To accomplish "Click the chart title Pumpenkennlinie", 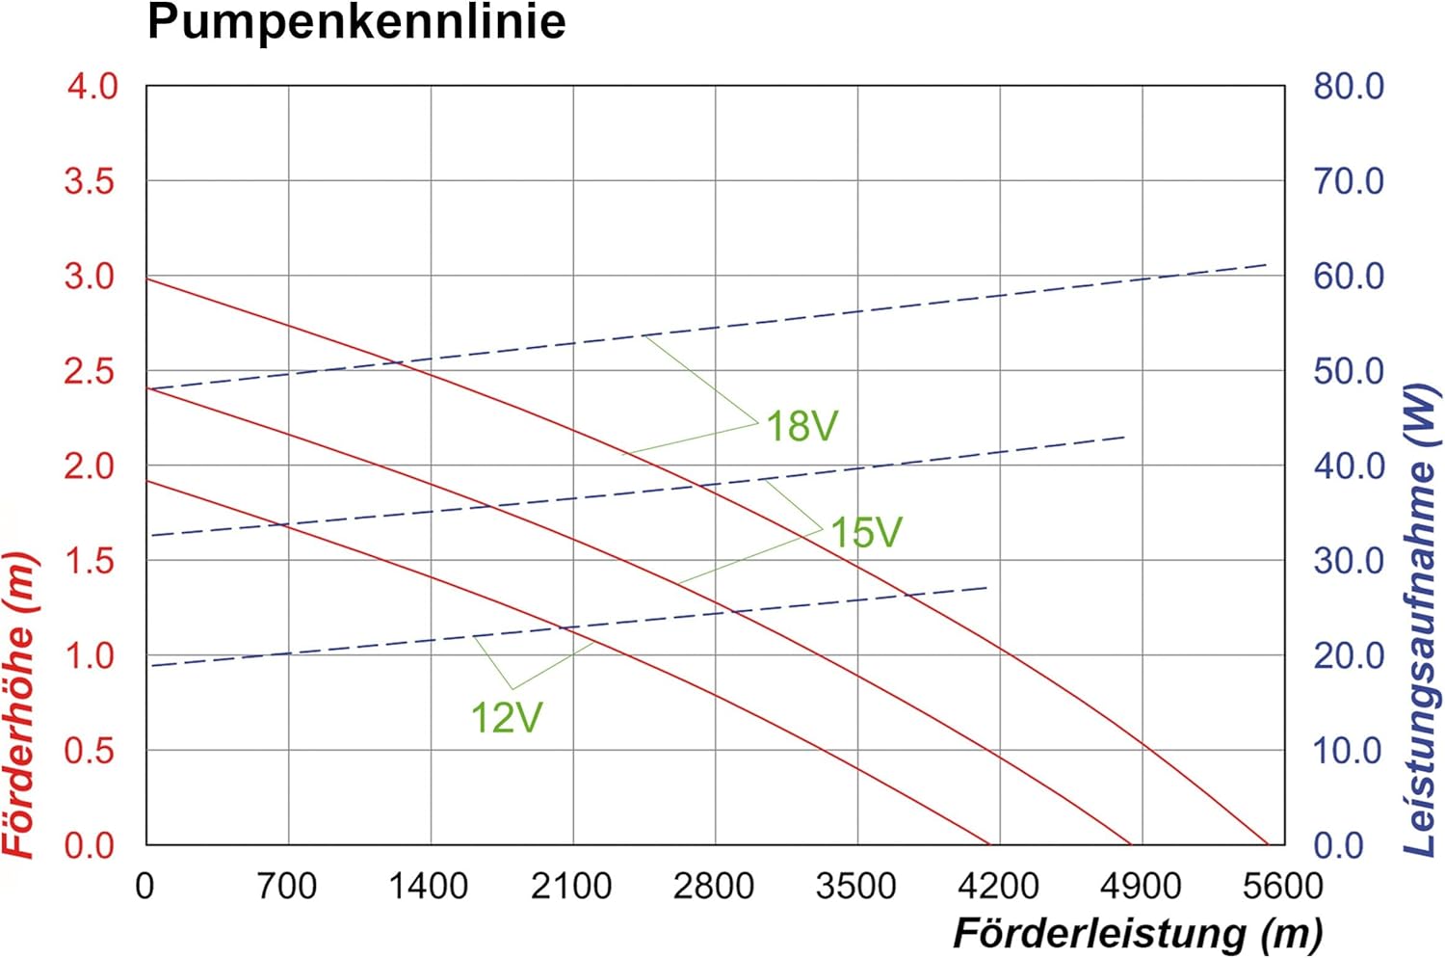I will pyautogui.click(x=356, y=22).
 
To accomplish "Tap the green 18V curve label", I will pyautogui.click(x=801, y=426).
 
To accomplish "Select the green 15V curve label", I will pyautogui.click(x=866, y=533).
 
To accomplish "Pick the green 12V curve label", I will pyautogui.click(x=506, y=718).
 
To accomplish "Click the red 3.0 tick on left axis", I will pyautogui.click(x=91, y=277).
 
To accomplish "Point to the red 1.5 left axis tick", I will pyautogui.click(x=91, y=561).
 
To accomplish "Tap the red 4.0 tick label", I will pyautogui.click(x=92, y=87).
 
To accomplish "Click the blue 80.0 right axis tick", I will pyautogui.click(x=1348, y=87).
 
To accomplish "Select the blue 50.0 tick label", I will pyautogui.click(x=1348, y=371).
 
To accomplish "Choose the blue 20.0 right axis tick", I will pyautogui.click(x=1348, y=656).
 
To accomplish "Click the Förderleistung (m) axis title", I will pyautogui.click(x=1138, y=933).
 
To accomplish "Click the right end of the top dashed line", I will pyautogui.click(x=1267, y=264).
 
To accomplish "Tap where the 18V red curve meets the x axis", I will pyautogui.click(x=1268, y=844).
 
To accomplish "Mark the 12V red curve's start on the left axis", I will pyautogui.click(x=147, y=480).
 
